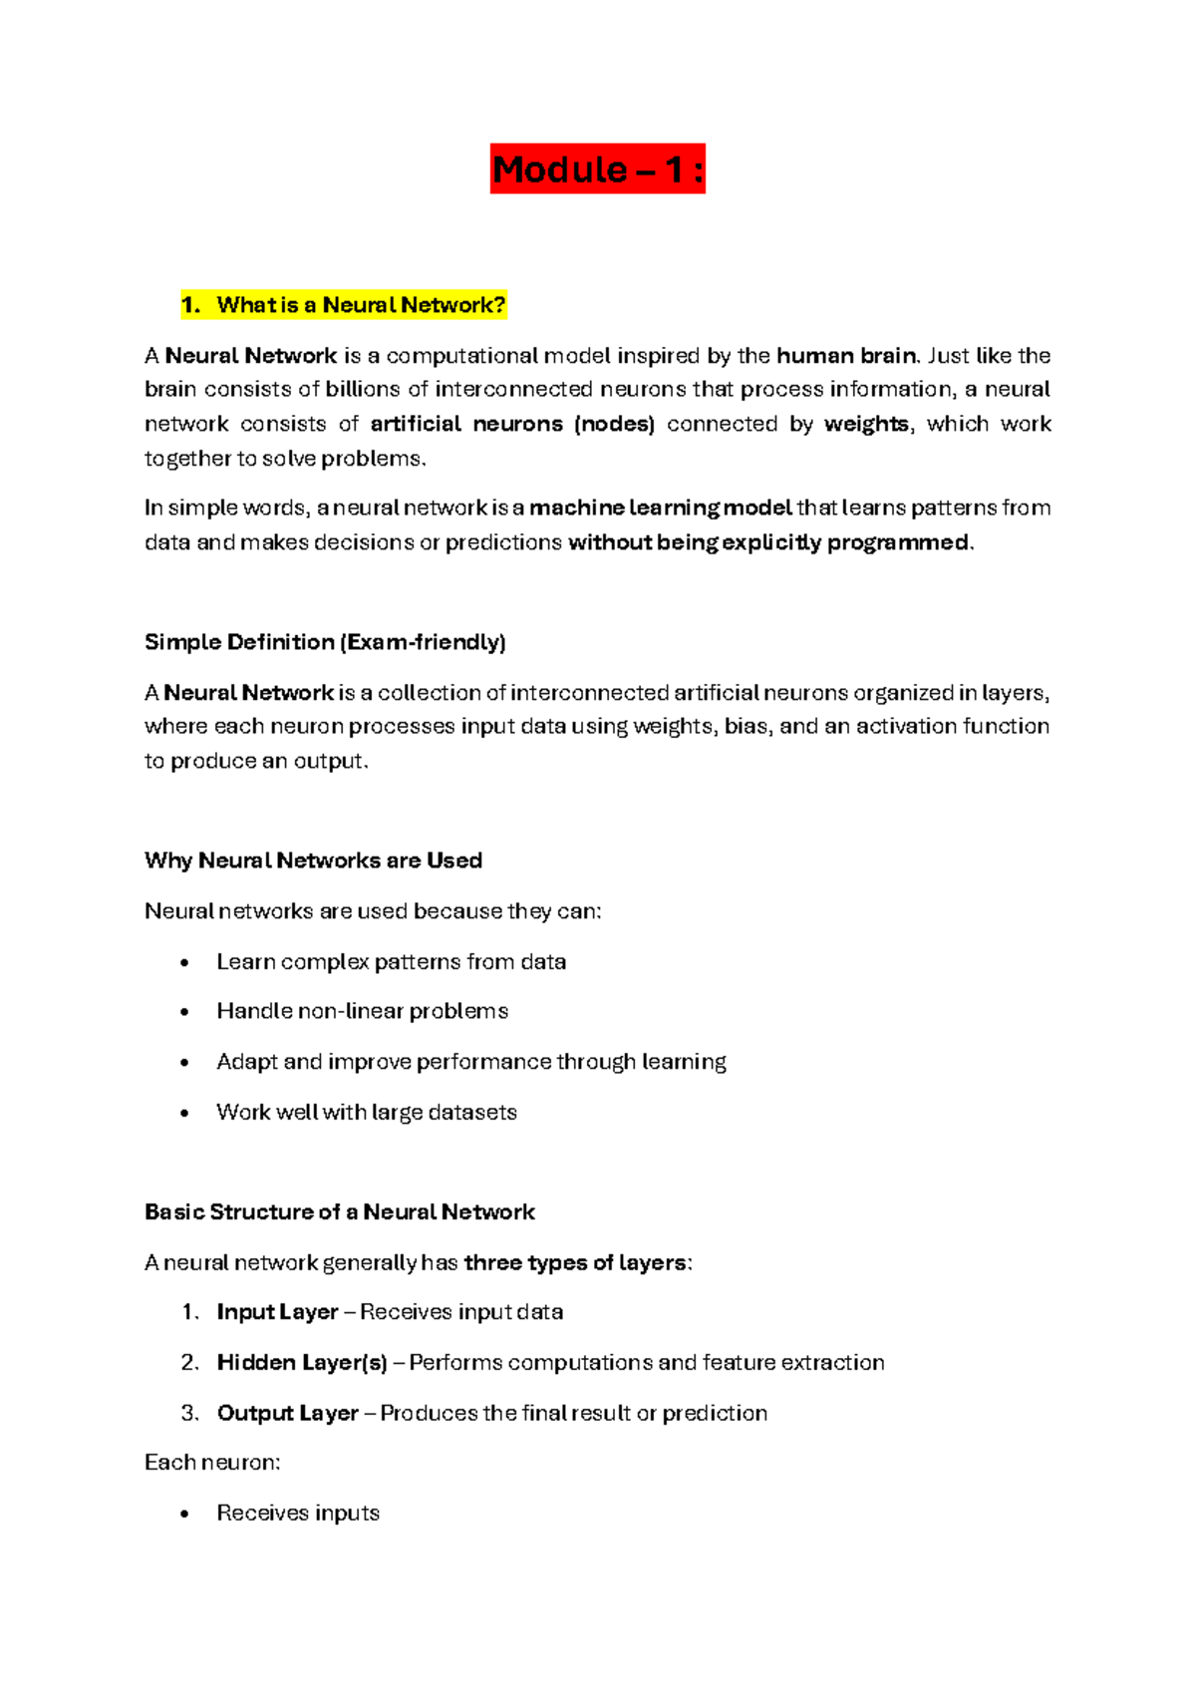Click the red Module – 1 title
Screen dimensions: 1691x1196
pos(597,169)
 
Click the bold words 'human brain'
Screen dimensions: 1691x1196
pos(845,356)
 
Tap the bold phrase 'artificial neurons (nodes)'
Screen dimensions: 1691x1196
pos(512,424)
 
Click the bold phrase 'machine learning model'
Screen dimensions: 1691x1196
pos(660,508)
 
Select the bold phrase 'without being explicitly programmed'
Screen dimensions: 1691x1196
pos(767,542)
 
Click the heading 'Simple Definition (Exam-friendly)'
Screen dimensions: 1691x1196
pos(325,642)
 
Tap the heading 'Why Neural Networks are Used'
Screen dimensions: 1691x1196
pos(313,860)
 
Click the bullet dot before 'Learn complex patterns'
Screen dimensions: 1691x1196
pos(184,963)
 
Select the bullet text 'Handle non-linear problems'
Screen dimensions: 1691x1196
pos(362,1011)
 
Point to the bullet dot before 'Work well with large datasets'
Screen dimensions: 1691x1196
pos(184,1114)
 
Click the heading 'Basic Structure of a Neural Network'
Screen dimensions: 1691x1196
pos(339,1212)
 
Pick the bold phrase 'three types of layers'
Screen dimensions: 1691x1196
pos(575,1263)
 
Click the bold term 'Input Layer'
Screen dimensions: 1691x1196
pos(277,1312)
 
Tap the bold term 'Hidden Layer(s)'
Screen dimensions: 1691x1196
pos(301,1363)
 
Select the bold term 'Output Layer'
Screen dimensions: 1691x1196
pos(287,1414)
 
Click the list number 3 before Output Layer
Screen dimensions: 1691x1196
pos(189,1414)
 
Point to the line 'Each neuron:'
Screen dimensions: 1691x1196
pos(212,1463)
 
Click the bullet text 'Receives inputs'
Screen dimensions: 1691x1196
pos(298,1514)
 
